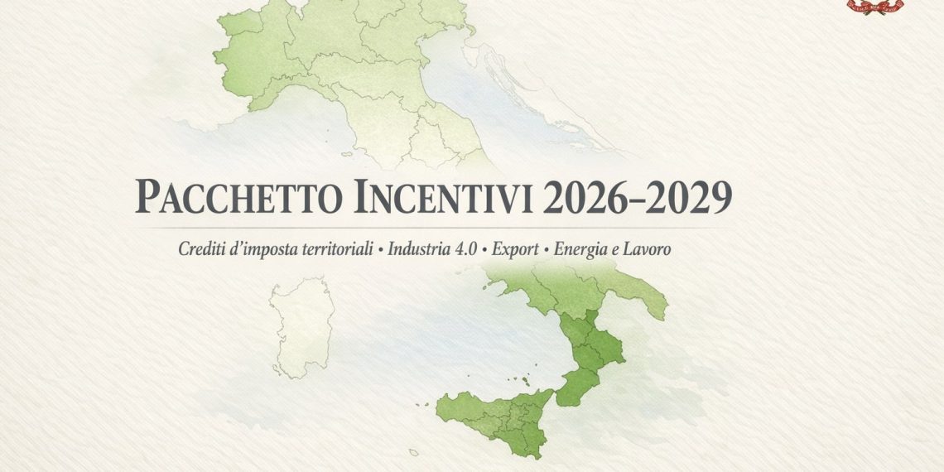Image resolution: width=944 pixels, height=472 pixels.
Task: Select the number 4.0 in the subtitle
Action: tap(463, 248)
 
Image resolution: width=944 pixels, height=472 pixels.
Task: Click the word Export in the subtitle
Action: tap(515, 248)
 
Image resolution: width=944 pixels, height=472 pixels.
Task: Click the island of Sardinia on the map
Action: tap(303, 327)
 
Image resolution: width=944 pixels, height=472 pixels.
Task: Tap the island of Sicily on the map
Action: tap(497, 414)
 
